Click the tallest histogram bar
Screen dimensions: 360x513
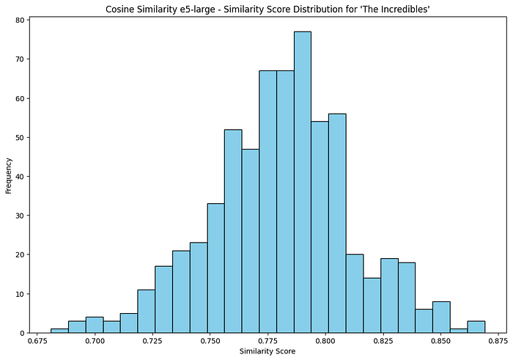click(302, 183)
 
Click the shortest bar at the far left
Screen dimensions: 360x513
click(59, 331)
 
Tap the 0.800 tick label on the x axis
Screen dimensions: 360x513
click(325, 341)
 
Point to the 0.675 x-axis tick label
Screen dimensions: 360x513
click(39, 341)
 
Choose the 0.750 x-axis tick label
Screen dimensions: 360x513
click(210, 341)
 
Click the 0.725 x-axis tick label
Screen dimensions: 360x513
click(153, 341)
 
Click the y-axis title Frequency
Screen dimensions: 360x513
click(8, 175)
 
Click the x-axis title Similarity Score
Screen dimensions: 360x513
click(267, 352)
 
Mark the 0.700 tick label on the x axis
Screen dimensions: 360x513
click(96, 341)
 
